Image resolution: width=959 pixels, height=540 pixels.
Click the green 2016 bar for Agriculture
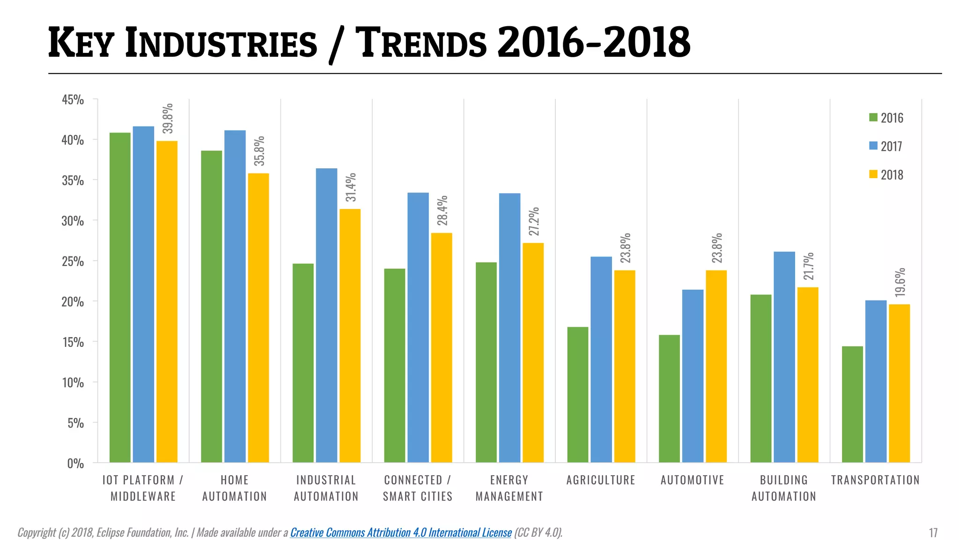tap(577, 395)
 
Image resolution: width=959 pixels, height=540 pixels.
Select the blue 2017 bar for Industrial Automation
tap(326, 315)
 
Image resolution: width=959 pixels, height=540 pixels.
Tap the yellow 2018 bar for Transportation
tap(899, 383)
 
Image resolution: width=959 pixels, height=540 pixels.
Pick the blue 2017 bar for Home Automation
tap(235, 296)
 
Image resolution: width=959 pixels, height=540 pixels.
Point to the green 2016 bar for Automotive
tap(669, 398)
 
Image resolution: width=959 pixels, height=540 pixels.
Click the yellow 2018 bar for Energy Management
tap(533, 352)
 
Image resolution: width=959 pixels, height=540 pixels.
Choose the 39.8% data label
tap(168, 119)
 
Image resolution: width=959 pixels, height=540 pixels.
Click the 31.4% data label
tap(351, 187)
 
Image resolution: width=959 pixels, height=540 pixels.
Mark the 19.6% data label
tap(900, 282)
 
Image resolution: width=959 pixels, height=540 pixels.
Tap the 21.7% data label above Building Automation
tap(808, 266)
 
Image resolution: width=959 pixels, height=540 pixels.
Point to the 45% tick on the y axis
tap(73, 99)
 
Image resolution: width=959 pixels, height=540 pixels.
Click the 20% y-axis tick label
tap(73, 301)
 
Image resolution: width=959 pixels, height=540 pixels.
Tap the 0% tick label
tap(75, 463)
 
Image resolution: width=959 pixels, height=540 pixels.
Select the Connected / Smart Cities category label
tap(418, 488)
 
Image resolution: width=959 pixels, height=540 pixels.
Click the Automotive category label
tap(692, 480)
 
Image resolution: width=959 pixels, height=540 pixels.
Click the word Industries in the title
tap(221, 44)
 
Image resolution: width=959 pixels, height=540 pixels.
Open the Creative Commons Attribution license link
tap(401, 532)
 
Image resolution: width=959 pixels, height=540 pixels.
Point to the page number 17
tap(933, 532)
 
